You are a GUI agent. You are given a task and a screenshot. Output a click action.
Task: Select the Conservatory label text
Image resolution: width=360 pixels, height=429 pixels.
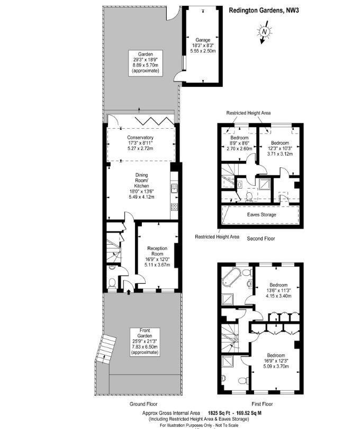(x=140, y=143)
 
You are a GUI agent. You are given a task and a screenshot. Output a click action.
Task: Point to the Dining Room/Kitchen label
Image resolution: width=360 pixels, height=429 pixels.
(x=141, y=186)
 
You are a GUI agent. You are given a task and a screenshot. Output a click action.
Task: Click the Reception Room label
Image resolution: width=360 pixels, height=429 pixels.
(x=157, y=257)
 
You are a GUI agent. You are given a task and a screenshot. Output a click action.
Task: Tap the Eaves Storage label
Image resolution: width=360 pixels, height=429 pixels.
(x=262, y=215)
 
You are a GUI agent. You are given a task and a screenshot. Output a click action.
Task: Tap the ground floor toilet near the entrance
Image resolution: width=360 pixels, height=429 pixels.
(x=112, y=283)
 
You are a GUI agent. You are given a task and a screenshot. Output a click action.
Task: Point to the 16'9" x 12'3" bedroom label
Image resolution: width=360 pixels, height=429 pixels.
(x=276, y=363)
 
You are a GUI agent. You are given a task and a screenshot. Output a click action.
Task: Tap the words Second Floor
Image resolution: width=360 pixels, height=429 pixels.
(x=262, y=239)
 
